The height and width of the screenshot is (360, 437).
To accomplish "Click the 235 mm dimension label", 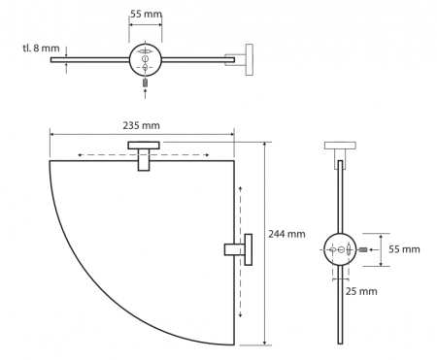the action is pyautogui.click(x=141, y=125).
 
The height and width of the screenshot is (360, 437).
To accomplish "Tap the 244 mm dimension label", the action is pyautogui.click(x=286, y=234).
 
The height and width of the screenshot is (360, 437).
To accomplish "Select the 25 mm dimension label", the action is pyautogui.click(x=361, y=291).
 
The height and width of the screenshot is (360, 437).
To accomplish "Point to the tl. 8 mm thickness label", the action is pyautogui.click(x=41, y=49).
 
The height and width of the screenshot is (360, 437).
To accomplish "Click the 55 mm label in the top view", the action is pyautogui.click(x=146, y=14).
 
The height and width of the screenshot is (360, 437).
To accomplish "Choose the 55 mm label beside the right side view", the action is pyautogui.click(x=404, y=249).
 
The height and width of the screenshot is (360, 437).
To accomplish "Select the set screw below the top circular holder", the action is pyautogui.click(x=146, y=82).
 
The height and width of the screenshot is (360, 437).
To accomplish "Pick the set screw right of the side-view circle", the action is pyautogui.click(x=363, y=249).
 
